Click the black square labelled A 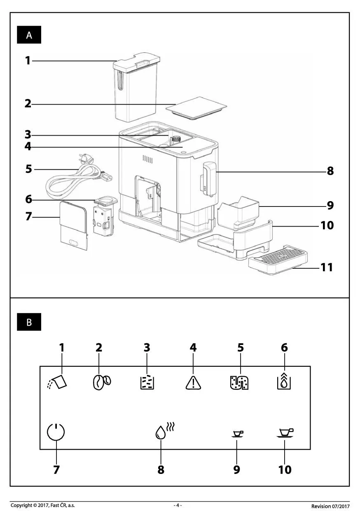29,35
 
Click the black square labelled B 29,322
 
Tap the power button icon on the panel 56,433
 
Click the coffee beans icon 101,382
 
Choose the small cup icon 238,434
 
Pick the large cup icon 285,433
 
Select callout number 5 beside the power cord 28,169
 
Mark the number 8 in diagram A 330,171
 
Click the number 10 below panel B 285,469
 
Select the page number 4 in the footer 178,505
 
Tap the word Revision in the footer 321,506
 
